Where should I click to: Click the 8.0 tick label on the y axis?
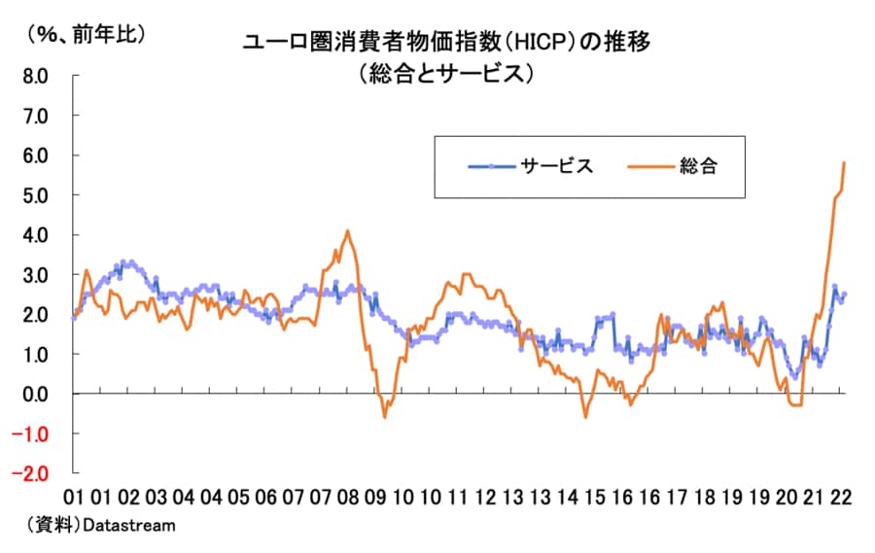(x=36, y=76)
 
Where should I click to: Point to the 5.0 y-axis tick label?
(x=36, y=195)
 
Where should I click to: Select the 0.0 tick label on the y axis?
(x=36, y=394)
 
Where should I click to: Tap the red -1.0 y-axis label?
(x=33, y=433)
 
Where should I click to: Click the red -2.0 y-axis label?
(x=33, y=473)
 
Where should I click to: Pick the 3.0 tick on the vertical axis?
(x=36, y=275)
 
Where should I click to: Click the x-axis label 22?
(x=841, y=496)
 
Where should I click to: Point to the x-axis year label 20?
(x=785, y=496)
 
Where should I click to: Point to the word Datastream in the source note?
(x=129, y=525)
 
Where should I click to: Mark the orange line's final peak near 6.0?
(x=844, y=163)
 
